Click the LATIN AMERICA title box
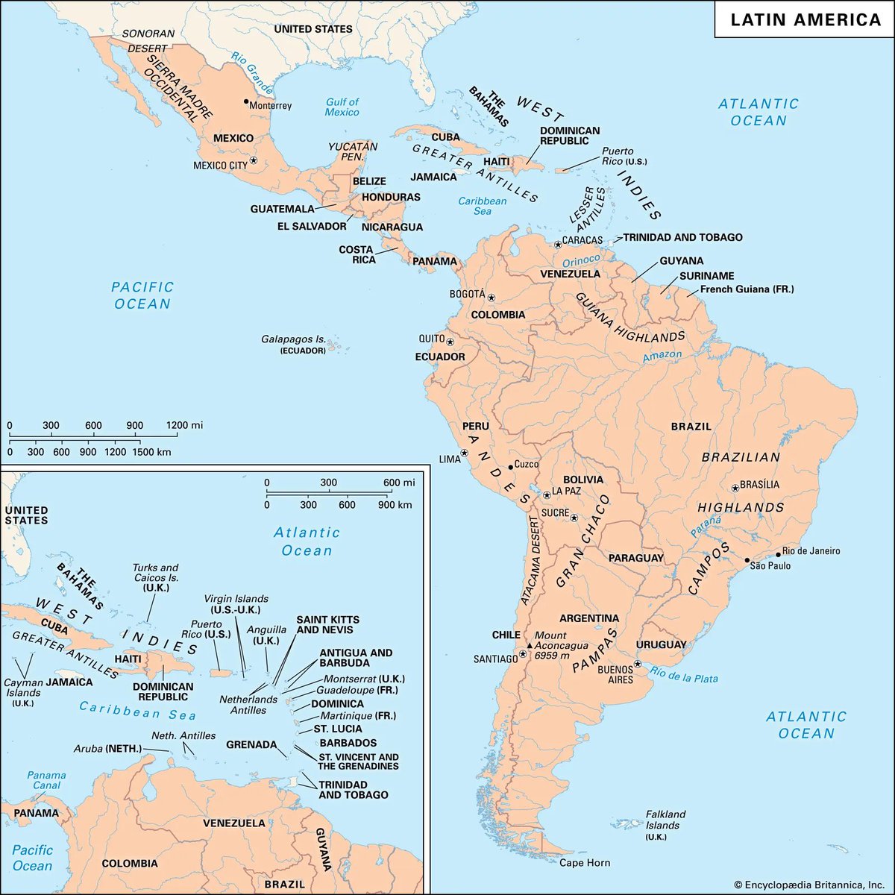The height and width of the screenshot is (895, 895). [x=805, y=19]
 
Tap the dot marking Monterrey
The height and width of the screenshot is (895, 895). [x=245, y=101]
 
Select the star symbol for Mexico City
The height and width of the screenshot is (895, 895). [x=253, y=160]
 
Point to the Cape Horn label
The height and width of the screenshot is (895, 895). [x=585, y=863]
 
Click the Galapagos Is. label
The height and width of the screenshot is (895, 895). [x=293, y=339]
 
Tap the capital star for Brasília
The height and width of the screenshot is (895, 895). [x=735, y=488]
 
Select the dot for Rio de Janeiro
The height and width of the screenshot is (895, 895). [x=778, y=554]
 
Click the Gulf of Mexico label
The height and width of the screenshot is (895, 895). [x=342, y=107]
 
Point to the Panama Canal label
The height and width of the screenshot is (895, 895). [x=46, y=780]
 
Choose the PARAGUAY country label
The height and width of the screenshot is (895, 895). [x=635, y=558]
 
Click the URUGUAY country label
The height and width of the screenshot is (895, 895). [x=661, y=644]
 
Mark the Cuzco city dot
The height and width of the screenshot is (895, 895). [x=510, y=467]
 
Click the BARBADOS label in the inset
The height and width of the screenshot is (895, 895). [x=348, y=743]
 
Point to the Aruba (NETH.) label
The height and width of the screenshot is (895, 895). [x=107, y=748]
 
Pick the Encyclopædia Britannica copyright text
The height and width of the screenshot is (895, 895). [x=803, y=884]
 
